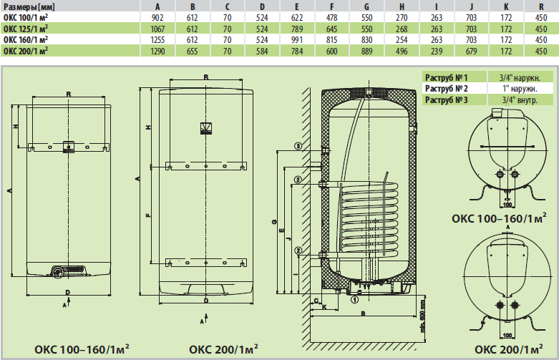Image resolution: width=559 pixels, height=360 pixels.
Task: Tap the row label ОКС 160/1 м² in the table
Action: click(26, 40)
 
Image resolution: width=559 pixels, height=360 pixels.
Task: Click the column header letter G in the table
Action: click(367, 6)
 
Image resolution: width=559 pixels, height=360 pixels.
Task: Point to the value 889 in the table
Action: click(367, 51)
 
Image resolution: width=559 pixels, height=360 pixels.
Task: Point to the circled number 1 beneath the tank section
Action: click(354, 301)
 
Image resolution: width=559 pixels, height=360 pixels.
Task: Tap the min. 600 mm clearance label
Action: click(424, 310)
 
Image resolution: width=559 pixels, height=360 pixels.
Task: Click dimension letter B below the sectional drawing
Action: click(363, 313)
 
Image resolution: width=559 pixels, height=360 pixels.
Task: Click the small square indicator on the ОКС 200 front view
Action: click(205, 129)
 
